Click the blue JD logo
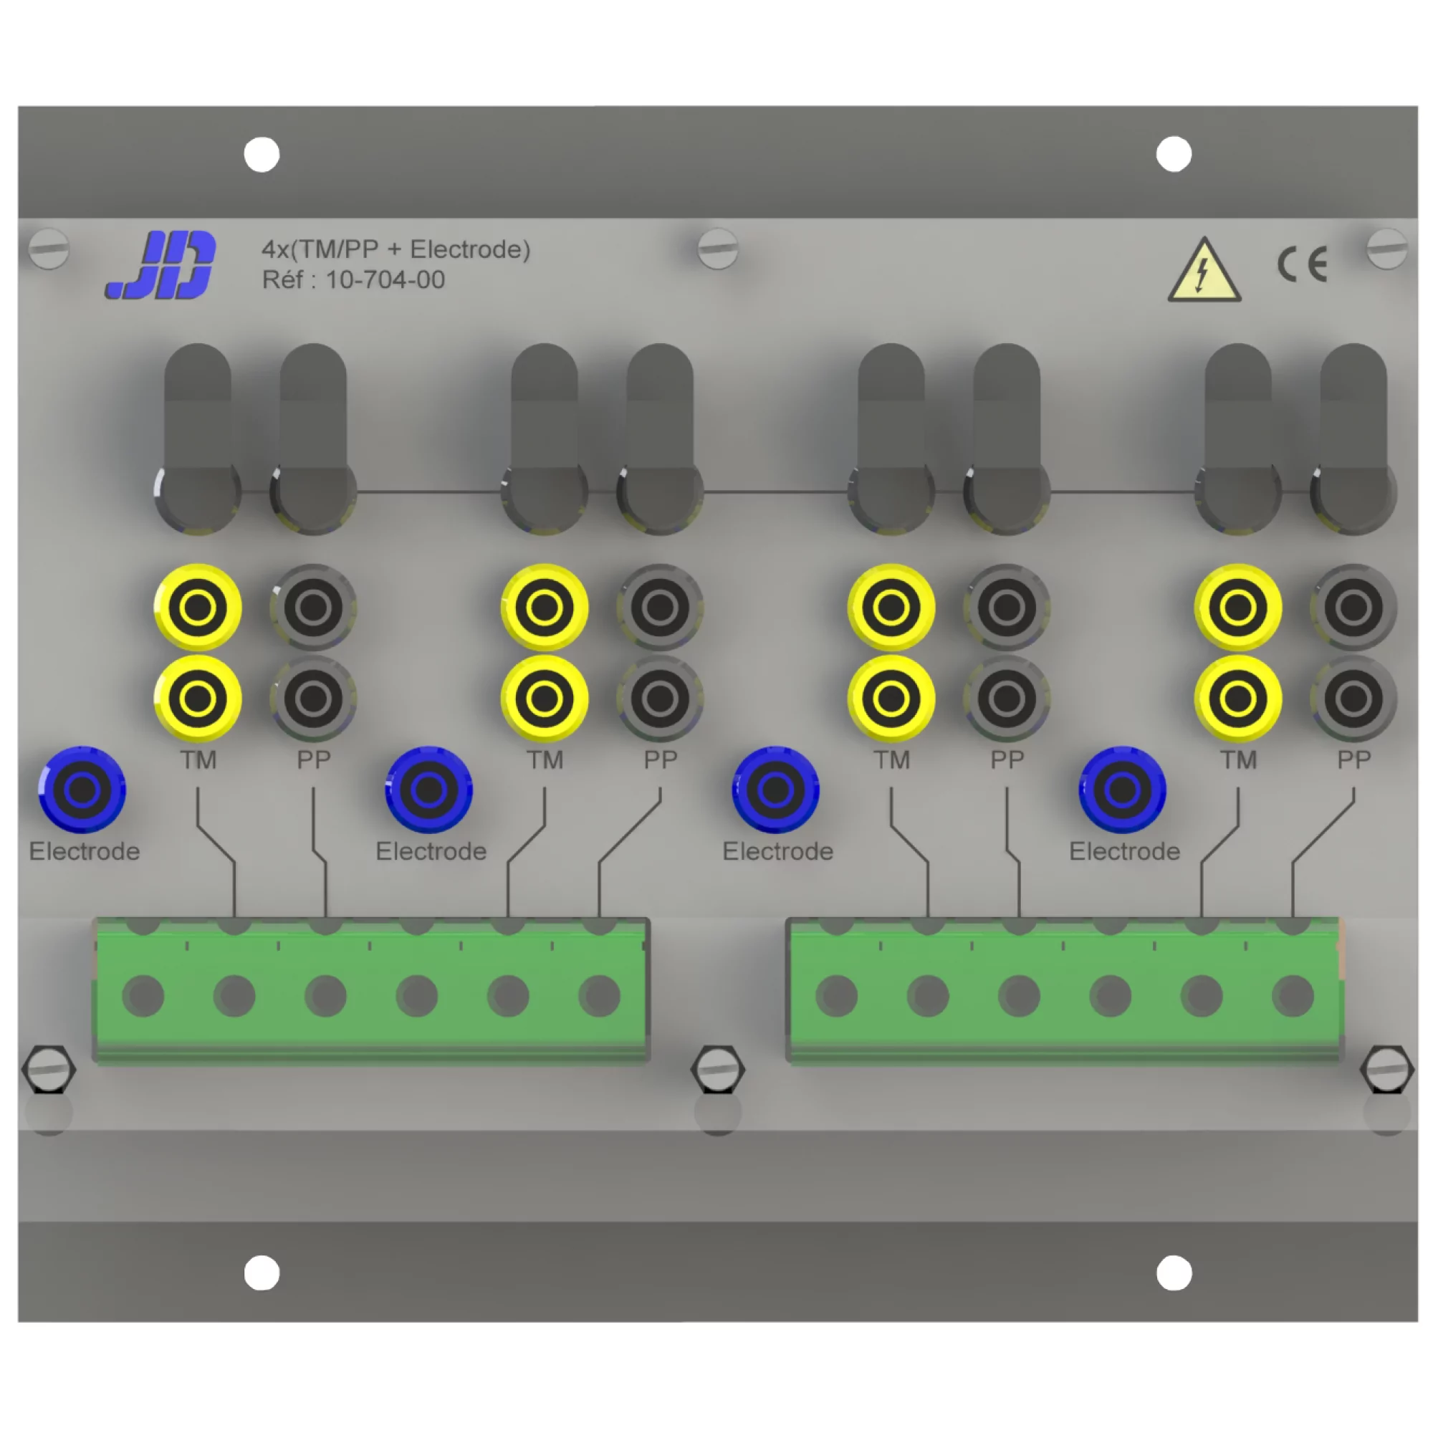click(x=161, y=265)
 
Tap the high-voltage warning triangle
click(x=1204, y=272)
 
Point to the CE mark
click(x=1302, y=264)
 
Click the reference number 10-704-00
click(x=385, y=279)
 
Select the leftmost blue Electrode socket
click(x=82, y=790)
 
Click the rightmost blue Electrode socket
click(x=1122, y=790)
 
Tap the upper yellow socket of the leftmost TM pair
click(x=197, y=608)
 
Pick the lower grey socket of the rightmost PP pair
click(x=1353, y=699)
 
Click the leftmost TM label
click(x=198, y=760)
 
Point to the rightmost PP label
click(x=1353, y=760)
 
